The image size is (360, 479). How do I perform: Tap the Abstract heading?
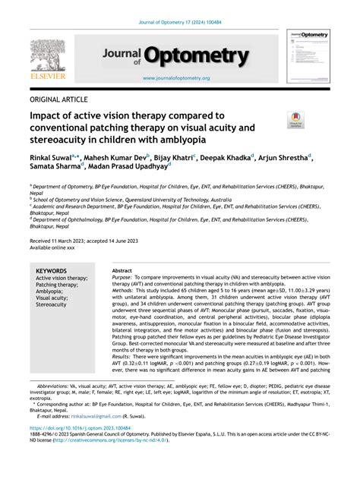coord(122,270)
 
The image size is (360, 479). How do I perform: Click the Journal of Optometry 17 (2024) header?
coord(179,11)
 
